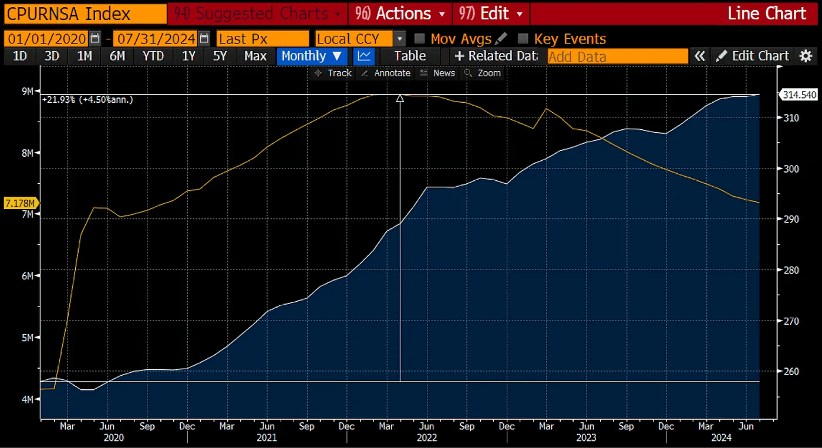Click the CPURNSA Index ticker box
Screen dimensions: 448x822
82,13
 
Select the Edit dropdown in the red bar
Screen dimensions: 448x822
490,13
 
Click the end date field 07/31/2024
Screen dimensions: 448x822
156,39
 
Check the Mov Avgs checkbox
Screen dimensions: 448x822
419,39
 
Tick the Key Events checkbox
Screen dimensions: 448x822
523,39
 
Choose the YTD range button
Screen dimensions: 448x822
153,56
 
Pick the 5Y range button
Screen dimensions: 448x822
220,56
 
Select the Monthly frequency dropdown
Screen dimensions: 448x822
311,56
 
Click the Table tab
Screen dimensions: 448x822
410,56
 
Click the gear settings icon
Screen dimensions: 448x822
806,56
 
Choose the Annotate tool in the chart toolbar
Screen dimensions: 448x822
386,73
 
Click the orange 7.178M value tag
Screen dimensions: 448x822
21,203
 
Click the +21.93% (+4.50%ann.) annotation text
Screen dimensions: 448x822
88,100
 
